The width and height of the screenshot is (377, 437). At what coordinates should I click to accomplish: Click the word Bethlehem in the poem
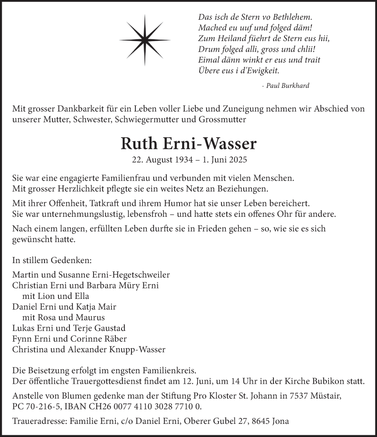pyautogui.click(x=291, y=17)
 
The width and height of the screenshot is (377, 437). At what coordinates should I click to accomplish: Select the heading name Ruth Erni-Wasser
pyautogui.click(x=189, y=144)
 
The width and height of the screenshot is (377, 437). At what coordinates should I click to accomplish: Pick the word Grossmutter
pyautogui.click(x=225, y=119)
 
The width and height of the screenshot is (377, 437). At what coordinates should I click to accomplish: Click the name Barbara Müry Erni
pyautogui.click(x=124, y=286)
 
